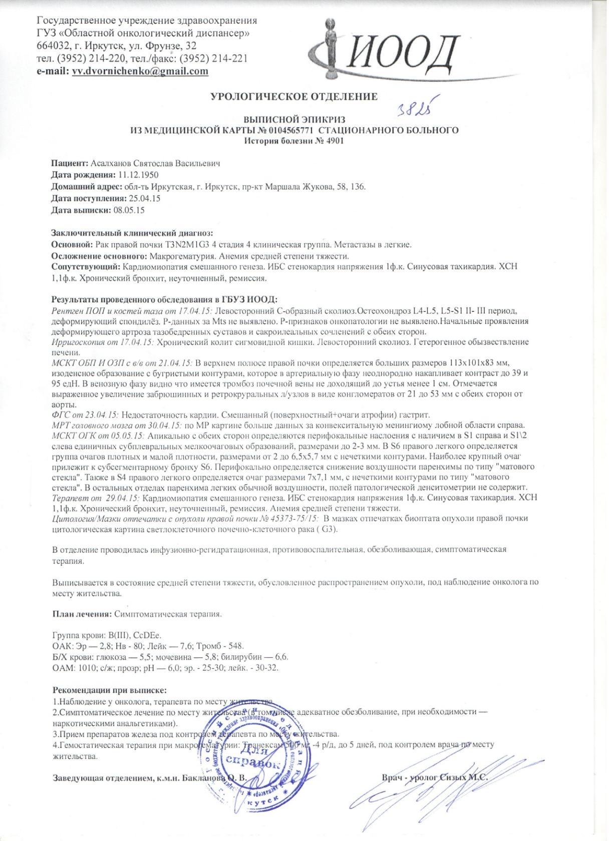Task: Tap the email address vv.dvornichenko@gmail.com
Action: (x=140, y=71)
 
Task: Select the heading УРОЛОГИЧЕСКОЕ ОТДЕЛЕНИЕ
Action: (x=294, y=96)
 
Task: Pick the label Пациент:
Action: (x=70, y=164)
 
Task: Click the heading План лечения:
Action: (x=83, y=613)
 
